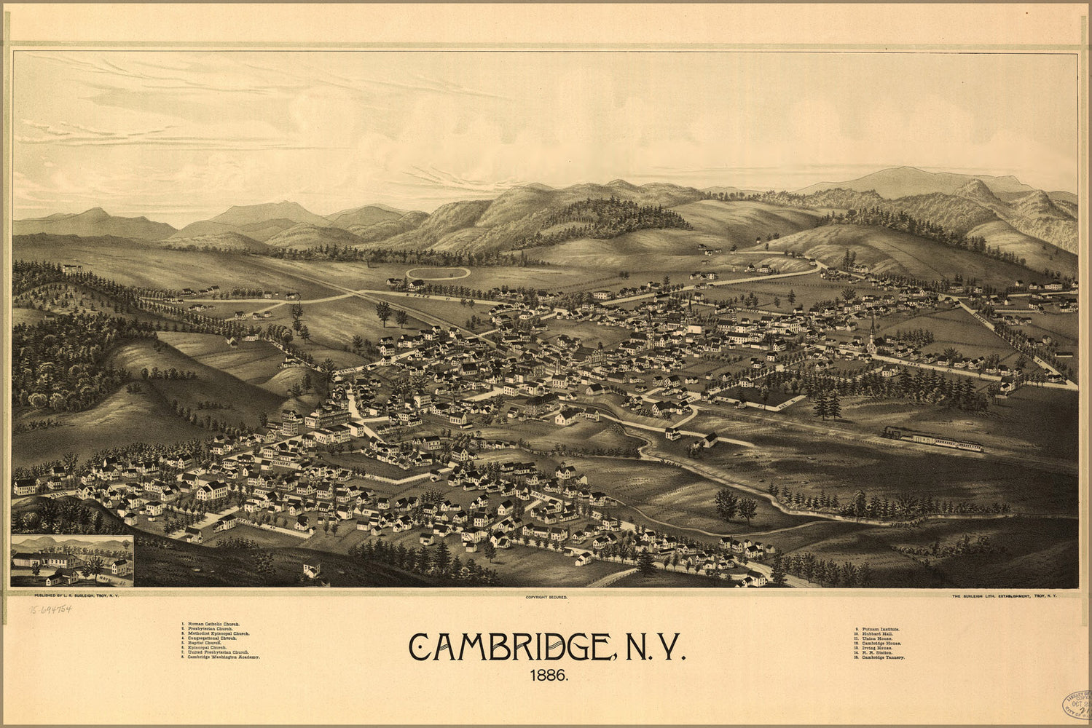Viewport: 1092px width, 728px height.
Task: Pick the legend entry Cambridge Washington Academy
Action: pyautogui.click(x=224, y=657)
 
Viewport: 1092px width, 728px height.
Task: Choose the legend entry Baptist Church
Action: pyautogui.click(x=205, y=644)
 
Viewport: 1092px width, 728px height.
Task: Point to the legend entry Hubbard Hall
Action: pyautogui.click(x=874, y=633)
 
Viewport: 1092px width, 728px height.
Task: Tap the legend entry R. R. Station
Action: pyautogui.click(x=873, y=652)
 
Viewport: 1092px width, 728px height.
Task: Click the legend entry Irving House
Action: pyautogui.click(x=874, y=648)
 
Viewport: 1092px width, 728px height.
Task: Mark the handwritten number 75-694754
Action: pyautogui.click(x=51, y=609)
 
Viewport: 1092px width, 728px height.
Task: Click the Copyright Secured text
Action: pyautogui.click(x=546, y=597)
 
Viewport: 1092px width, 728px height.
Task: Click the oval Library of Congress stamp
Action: pyautogui.click(x=1075, y=705)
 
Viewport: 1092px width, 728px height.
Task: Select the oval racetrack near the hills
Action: pyautogui.click(x=438, y=273)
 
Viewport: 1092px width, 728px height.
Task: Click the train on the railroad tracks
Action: pyautogui.click(x=932, y=439)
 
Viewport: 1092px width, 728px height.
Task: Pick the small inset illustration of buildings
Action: pyautogui.click(x=72, y=561)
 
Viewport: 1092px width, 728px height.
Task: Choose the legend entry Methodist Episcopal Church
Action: pyautogui.click(x=219, y=634)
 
